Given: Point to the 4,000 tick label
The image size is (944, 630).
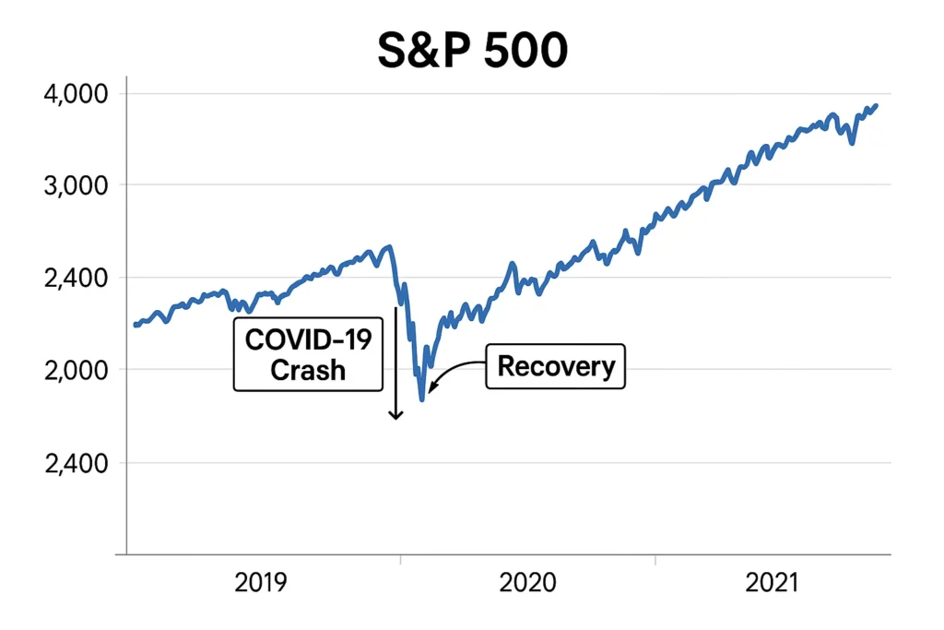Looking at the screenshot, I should click(x=77, y=94).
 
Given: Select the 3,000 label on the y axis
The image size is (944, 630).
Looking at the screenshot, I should click(x=77, y=185).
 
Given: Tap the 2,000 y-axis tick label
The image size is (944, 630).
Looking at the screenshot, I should click(x=77, y=370).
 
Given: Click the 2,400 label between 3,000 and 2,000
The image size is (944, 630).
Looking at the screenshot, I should click(x=77, y=278).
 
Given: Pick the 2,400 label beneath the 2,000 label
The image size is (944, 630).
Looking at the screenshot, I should click(x=77, y=463).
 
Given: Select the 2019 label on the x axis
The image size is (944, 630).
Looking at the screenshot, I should click(x=261, y=584).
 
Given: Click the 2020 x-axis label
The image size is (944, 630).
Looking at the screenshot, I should click(x=527, y=584).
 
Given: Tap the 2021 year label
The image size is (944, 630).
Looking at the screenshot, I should click(x=773, y=584).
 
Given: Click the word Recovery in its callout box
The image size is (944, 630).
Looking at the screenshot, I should click(x=556, y=366).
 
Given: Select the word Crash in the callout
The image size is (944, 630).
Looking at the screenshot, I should click(x=308, y=370).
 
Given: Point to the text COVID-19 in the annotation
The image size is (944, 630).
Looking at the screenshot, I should click(x=308, y=340).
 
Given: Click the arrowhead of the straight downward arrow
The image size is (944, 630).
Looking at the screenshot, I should click(x=395, y=415).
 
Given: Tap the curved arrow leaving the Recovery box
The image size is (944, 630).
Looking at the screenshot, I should click(x=452, y=371).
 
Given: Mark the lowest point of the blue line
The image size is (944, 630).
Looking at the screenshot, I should click(x=422, y=399).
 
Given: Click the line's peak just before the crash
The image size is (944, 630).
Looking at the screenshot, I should click(x=389, y=246).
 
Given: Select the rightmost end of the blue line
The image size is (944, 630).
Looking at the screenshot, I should click(x=876, y=105).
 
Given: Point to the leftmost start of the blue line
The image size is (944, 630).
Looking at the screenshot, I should click(x=136, y=325).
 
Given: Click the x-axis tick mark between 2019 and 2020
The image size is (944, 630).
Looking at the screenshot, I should click(x=400, y=558).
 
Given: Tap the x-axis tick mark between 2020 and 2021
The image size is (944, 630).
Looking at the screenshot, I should click(x=655, y=558).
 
